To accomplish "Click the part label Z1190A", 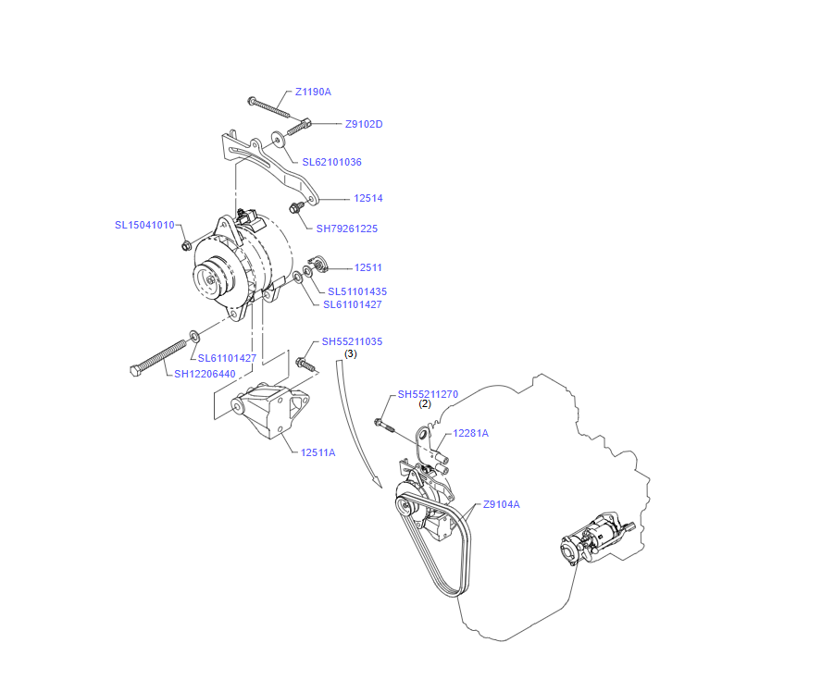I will point(313,92).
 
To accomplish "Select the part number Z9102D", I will point(364,124).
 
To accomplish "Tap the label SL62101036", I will point(331,162).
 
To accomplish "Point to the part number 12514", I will point(367,198).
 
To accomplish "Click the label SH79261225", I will point(347,229).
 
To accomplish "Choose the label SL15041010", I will point(144,225).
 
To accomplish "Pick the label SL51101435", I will point(357,291).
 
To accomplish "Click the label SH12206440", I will point(205,374).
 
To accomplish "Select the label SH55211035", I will point(352,341).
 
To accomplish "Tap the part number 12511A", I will point(318,452).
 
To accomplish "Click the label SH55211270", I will point(428,394).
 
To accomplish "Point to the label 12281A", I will point(470,433).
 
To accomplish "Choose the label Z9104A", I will point(501,504).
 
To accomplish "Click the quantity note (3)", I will point(351,353).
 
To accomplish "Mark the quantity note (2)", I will point(425,403).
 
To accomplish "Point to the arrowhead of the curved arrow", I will point(376,484).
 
